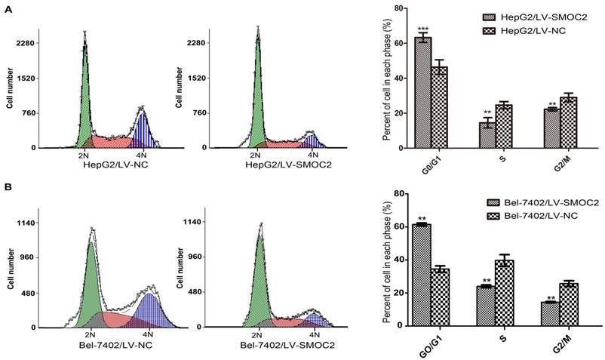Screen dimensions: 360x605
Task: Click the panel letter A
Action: [x=7, y=6]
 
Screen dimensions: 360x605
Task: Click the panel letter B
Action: [x=7, y=183]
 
